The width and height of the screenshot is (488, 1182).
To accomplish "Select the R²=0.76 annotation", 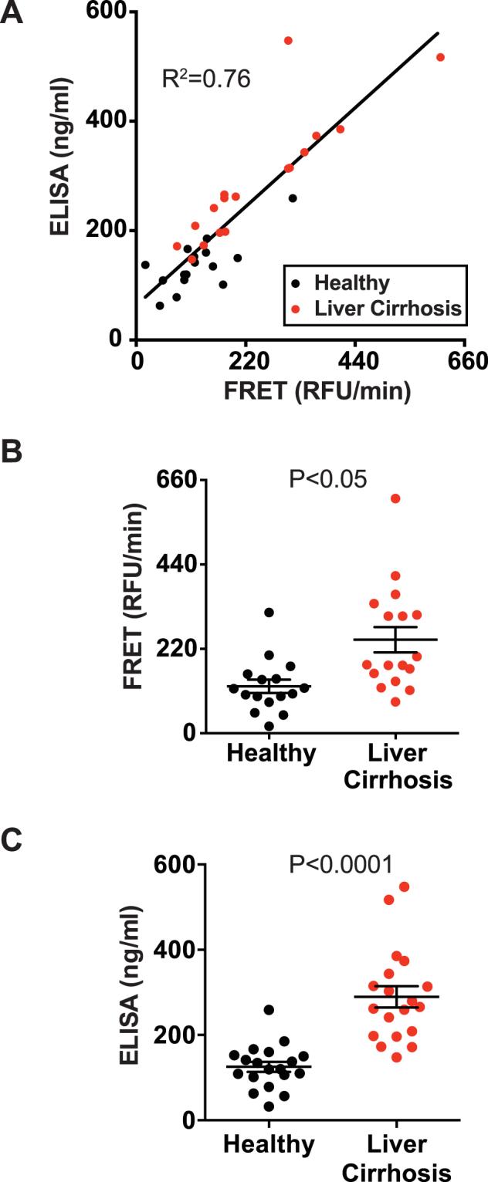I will (x=205, y=79).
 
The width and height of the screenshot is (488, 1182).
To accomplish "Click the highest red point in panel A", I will (x=288, y=40).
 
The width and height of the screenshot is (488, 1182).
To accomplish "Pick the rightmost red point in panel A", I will (x=441, y=57).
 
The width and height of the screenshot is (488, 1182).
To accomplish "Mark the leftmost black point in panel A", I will (x=145, y=265).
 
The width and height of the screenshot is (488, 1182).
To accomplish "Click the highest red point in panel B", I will (x=395, y=498).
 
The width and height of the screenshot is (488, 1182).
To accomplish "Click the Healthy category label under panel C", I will (x=271, y=1141).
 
